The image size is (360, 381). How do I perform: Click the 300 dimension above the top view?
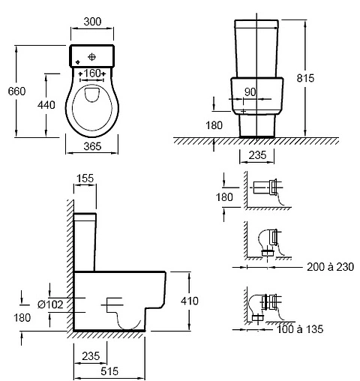coord(92,22)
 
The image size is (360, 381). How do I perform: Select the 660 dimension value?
coord(16,91)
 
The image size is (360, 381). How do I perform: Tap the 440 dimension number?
coord(46,105)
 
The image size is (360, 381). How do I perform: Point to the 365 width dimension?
coord(92,146)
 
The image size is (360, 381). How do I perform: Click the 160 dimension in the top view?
coord(92,73)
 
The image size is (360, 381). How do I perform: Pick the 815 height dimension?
coord(305,78)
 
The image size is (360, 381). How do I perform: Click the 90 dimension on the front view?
coord(250,92)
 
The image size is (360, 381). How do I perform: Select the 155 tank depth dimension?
coord(85,178)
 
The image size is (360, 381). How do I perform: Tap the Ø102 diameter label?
coord(50,304)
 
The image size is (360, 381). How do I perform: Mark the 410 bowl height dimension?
coord(190,301)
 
